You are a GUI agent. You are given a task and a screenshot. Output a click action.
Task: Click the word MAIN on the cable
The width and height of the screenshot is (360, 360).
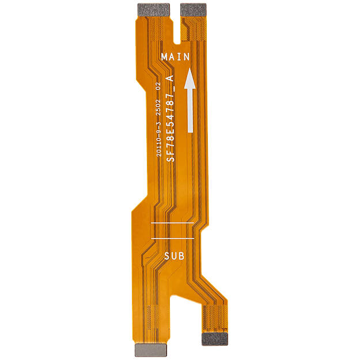pos(176,56)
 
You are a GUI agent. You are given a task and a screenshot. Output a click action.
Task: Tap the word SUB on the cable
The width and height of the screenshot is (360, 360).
pos(175,256)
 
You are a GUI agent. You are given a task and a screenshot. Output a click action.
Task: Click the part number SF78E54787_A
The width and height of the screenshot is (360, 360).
pos(170,119)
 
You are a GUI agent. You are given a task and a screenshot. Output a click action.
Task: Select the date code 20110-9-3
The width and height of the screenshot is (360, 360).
pos(158,139)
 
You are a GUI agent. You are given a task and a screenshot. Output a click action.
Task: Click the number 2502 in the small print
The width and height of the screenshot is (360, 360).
pos(158,108)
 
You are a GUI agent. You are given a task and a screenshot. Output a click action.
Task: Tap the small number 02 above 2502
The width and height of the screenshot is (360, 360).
pos(158,86)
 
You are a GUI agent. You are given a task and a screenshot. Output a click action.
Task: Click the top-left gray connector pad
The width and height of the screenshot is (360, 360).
pos(154,10)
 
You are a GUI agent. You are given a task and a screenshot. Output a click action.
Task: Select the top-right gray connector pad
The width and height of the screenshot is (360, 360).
pos(194,10)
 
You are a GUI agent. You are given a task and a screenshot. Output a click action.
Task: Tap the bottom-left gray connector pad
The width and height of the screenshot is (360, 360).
pos(151,350)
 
